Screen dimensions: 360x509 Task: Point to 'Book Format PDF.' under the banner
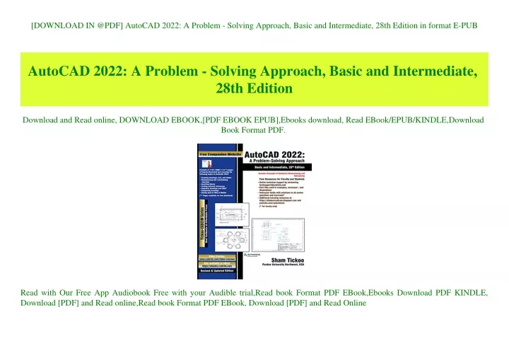253,130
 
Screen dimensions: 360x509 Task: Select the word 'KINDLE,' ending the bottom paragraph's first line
466,291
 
